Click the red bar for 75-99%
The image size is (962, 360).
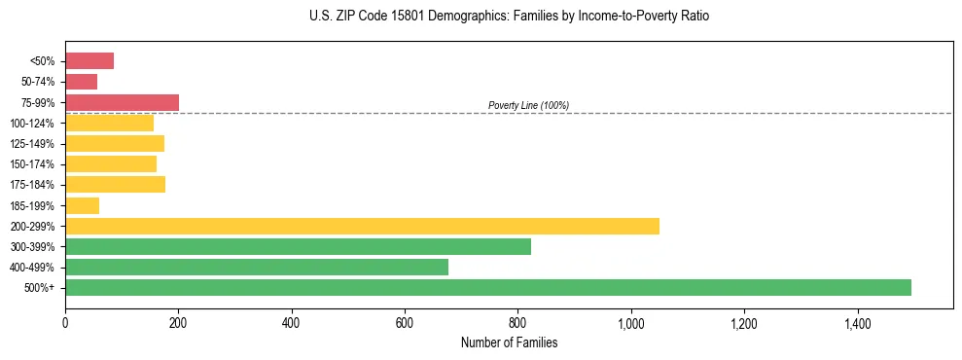(122, 102)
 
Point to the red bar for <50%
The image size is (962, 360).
(89, 61)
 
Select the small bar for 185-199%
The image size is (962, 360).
(82, 205)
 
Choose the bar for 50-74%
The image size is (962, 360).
(81, 82)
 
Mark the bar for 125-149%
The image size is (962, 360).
(115, 144)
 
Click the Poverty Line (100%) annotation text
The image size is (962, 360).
(528, 105)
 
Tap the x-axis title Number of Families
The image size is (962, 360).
(509, 342)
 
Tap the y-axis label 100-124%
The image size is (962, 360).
(33, 124)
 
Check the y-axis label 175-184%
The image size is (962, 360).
(33, 185)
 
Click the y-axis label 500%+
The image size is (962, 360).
(40, 288)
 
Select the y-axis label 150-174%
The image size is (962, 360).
(33, 164)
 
